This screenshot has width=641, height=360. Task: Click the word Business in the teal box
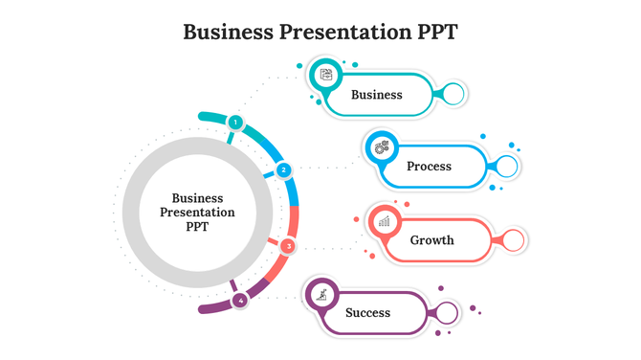click(x=376, y=95)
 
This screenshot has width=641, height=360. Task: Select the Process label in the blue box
click(x=429, y=167)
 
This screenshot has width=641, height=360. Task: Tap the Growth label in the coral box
click(x=431, y=239)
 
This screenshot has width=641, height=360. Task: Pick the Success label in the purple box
click(x=367, y=313)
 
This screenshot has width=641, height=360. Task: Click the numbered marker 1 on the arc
click(x=234, y=123)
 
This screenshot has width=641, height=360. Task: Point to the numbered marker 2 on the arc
click(x=283, y=170)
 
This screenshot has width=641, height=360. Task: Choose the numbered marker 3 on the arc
click(x=288, y=246)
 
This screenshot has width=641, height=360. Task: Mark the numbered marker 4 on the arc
click(x=239, y=301)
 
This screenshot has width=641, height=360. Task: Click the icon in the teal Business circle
click(x=326, y=74)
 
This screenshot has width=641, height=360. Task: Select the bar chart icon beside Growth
click(x=385, y=221)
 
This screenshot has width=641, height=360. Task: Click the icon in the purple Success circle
click(x=323, y=294)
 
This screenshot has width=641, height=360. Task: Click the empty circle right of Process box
click(x=508, y=167)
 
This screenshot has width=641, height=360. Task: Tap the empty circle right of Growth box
click(x=514, y=239)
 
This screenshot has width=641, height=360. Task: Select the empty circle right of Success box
click(x=448, y=313)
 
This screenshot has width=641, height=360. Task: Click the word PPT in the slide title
click(x=433, y=32)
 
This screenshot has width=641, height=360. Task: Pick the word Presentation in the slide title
click(x=340, y=32)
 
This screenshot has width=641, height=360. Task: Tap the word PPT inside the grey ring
click(x=197, y=228)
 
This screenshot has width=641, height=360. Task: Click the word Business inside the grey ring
click(x=197, y=198)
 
